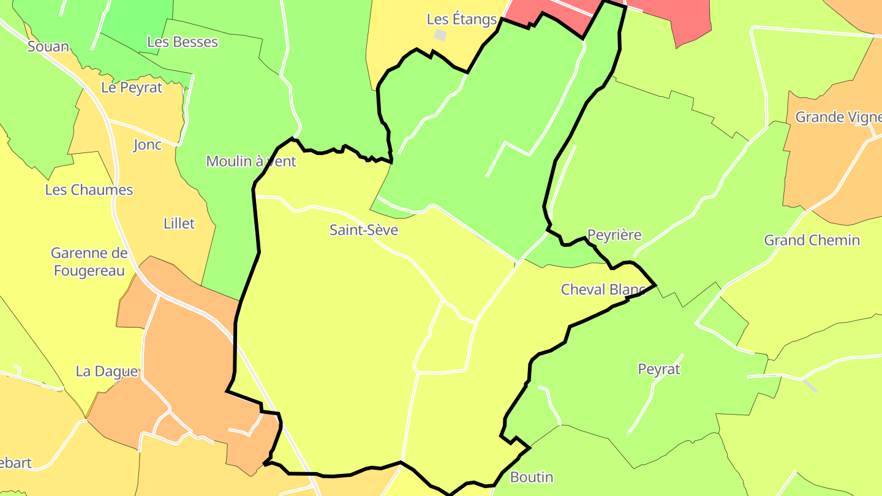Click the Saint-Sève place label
pyautogui.click(x=364, y=230)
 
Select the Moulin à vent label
pyautogui.click(x=251, y=161)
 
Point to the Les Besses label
pyautogui.click(x=183, y=42)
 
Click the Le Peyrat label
pyautogui.click(x=132, y=88)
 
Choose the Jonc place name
pyautogui.click(x=148, y=145)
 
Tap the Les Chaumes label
pyautogui.click(x=89, y=190)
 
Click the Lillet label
pyautogui.click(x=179, y=224)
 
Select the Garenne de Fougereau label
pyautogui.click(x=89, y=262)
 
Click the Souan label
pyautogui.click(x=48, y=47)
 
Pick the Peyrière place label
pyautogui.click(x=614, y=235)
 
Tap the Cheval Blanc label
pyautogui.click(x=603, y=290)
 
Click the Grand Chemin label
pyautogui.click(x=812, y=240)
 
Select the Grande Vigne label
pyautogui.click(x=838, y=117)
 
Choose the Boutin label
pyautogui.click(x=532, y=478)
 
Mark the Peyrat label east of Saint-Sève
pyautogui.click(x=659, y=369)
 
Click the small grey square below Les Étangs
pyautogui.click(x=440, y=36)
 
